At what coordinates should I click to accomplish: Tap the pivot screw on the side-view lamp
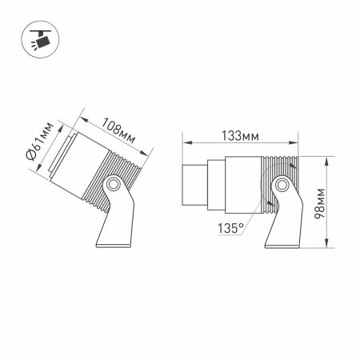point(282,188)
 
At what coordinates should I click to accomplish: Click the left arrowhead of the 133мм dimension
point(186,144)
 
